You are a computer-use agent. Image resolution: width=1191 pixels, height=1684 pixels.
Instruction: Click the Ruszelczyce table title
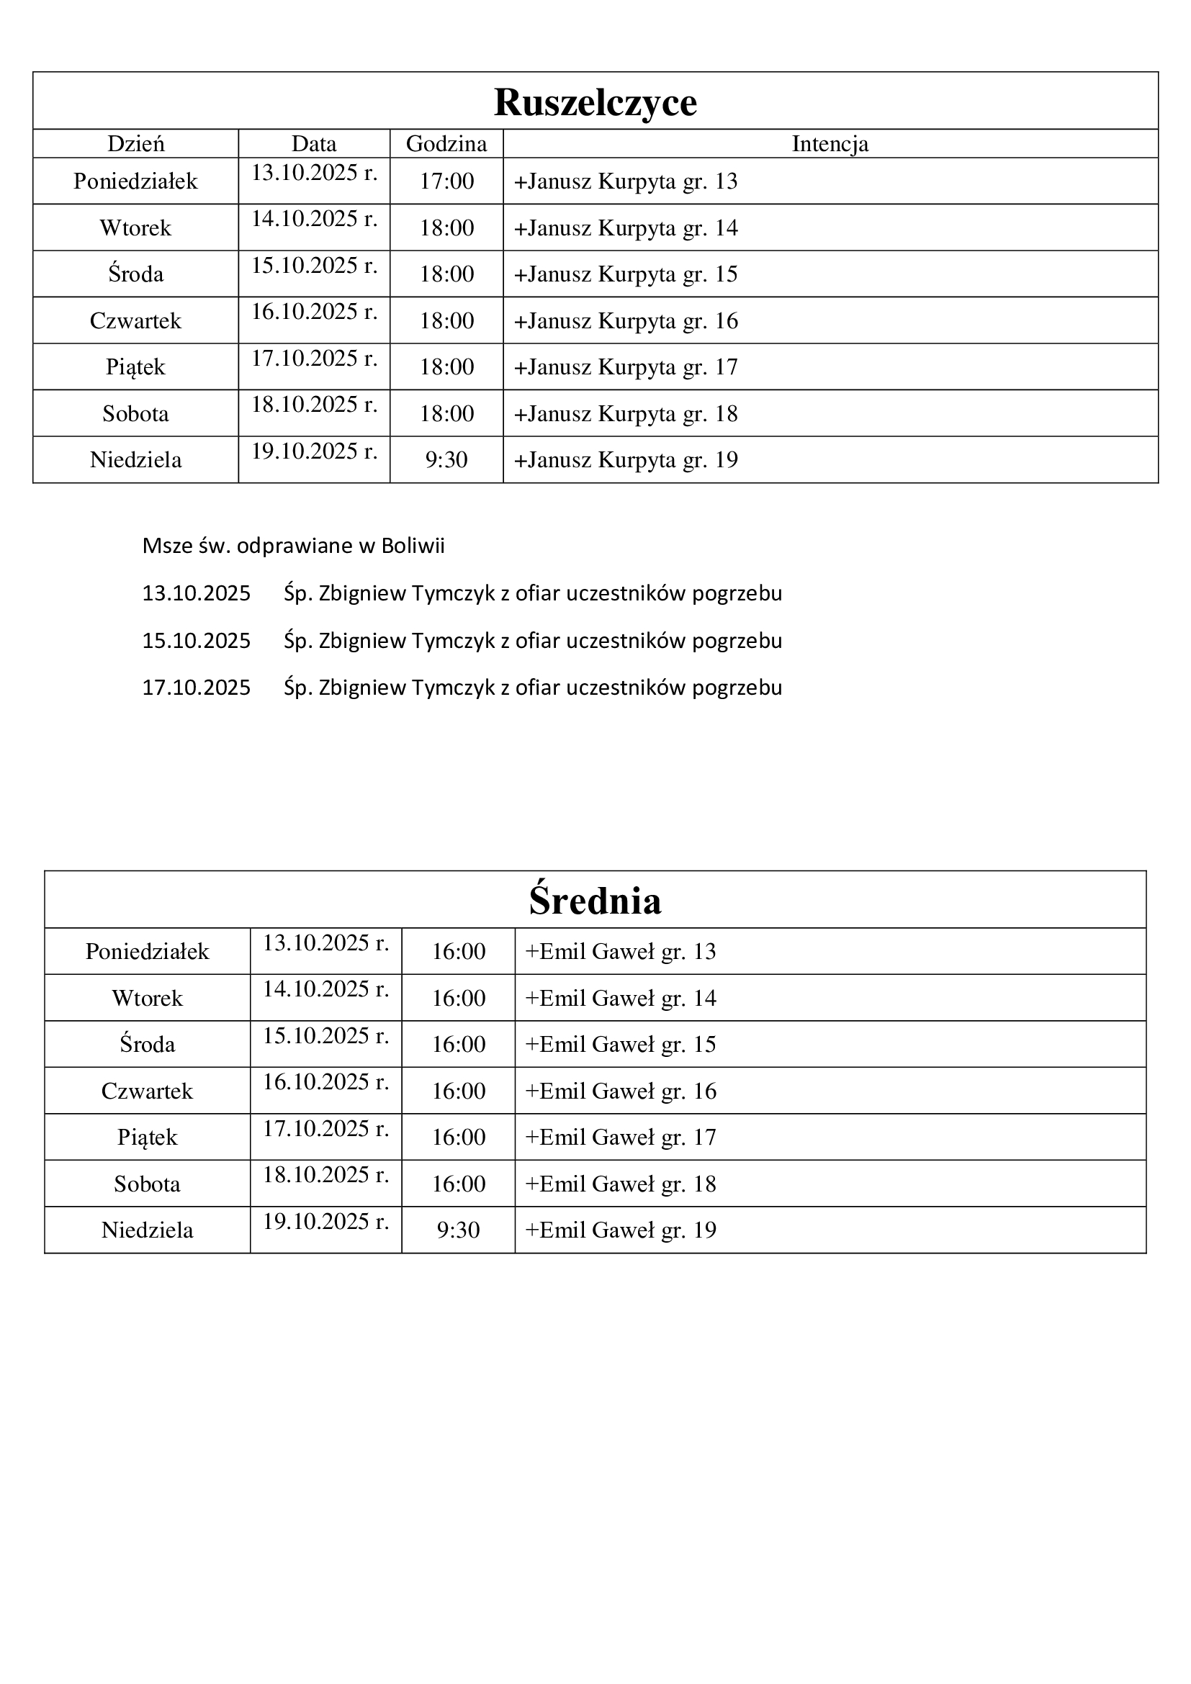coord(595,102)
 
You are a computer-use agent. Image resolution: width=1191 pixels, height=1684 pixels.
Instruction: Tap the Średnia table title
coord(595,901)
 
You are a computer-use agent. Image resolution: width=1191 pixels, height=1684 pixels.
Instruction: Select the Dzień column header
coord(135,144)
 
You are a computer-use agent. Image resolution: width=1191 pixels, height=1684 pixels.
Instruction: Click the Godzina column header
coord(446,144)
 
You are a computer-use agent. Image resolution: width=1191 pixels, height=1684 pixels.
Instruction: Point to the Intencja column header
coord(830,144)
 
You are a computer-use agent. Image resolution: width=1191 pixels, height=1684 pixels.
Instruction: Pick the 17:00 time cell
coord(446,181)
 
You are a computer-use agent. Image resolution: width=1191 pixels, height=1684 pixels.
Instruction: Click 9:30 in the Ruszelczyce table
coord(446,460)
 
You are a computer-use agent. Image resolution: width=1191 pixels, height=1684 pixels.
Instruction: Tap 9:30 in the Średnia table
coord(459,1230)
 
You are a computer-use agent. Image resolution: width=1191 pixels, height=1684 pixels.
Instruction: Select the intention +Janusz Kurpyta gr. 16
coord(626,321)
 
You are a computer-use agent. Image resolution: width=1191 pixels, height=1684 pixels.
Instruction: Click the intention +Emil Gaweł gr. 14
coord(621,998)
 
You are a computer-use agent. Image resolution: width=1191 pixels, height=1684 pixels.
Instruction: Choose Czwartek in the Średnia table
coord(147,1091)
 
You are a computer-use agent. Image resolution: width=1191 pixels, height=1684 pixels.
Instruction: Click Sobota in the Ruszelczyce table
coord(135,414)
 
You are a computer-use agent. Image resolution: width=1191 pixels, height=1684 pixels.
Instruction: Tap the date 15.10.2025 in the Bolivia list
coord(197,641)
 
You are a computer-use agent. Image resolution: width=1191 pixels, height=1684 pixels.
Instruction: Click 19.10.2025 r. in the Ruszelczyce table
coord(314,452)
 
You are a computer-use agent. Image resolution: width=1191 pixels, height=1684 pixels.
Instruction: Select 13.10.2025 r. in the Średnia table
coord(325,943)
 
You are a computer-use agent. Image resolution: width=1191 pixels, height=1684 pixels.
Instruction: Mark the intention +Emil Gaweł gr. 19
coord(621,1230)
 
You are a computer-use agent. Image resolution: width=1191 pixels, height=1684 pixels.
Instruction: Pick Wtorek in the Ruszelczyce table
coord(135,228)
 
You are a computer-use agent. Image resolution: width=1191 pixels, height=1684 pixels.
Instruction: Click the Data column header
coord(314,144)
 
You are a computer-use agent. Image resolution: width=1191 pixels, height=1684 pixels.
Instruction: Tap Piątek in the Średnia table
coord(147,1138)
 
